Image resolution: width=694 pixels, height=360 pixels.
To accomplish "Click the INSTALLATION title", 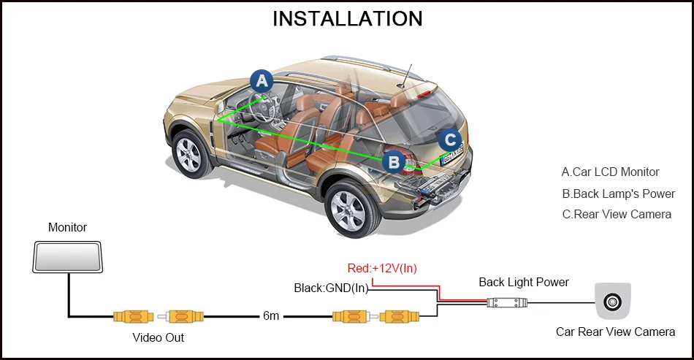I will point(347,18).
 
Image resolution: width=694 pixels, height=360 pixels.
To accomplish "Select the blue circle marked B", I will point(393,161).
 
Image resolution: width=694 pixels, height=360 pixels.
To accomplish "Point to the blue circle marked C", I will point(451,139).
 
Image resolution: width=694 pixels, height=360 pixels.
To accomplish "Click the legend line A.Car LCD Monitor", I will point(610,172).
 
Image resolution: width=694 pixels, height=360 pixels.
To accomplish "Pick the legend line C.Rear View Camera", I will point(616,214).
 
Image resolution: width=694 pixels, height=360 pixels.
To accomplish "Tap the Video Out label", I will point(158,337).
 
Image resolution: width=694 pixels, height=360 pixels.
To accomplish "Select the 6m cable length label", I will point(271,316).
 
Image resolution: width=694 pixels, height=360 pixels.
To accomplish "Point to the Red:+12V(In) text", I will point(382,268).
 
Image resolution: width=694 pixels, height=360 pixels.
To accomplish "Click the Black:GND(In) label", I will point(331,288).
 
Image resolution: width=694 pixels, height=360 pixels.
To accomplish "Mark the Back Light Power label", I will point(523,282).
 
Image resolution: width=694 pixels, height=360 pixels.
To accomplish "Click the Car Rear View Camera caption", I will point(615,332).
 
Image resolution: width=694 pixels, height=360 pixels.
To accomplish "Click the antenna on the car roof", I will point(406,75).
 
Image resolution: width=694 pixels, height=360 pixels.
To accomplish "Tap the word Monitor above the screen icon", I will point(67,228).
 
